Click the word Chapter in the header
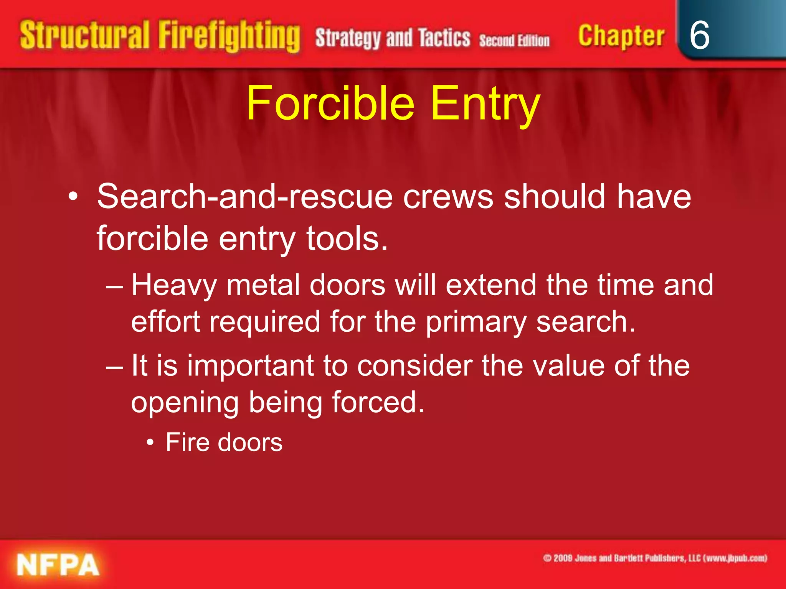click(x=621, y=36)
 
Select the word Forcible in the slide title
click(x=330, y=103)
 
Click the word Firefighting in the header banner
click(x=229, y=36)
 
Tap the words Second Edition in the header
click(x=514, y=40)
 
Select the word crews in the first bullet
click(x=448, y=196)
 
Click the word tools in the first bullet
click(x=347, y=239)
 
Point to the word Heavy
click(x=174, y=285)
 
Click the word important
click(x=250, y=365)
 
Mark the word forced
click(x=378, y=402)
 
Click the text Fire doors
click(x=224, y=443)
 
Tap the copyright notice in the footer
click(x=655, y=558)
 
